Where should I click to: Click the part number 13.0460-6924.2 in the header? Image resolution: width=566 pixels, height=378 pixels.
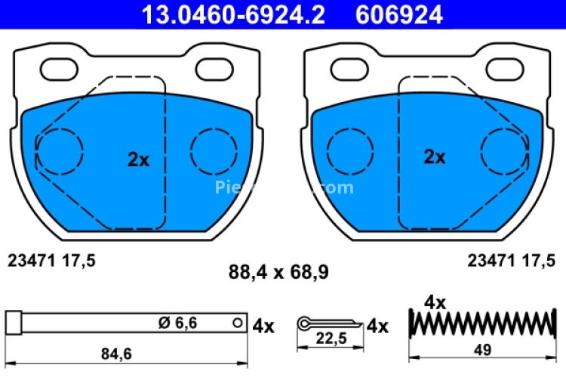(229, 14)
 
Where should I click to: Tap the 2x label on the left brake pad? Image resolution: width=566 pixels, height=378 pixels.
(139, 160)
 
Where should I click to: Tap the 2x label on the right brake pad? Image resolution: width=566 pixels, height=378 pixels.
(434, 157)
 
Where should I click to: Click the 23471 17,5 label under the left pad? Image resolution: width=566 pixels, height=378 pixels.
(51, 260)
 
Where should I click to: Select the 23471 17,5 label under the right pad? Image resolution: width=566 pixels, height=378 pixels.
(510, 260)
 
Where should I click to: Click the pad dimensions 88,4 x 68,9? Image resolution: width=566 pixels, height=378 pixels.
(278, 271)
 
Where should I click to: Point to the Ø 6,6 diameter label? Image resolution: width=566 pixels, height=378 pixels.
(177, 323)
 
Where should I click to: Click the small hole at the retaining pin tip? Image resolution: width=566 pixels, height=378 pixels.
(238, 323)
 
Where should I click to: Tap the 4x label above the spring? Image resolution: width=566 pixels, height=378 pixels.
(435, 302)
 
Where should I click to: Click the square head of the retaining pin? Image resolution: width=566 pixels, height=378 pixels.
(13, 323)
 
